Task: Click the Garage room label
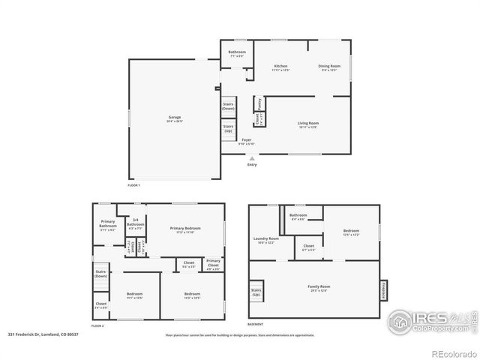coord(174,118)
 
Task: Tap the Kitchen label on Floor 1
coord(280,67)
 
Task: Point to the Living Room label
coord(308,124)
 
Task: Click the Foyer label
coord(247,141)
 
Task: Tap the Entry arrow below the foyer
coord(251,158)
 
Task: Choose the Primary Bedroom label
coord(185,229)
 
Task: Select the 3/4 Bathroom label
coord(136,223)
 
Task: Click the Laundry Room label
coord(267,240)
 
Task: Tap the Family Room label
coord(319,287)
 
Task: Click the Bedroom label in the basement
coord(351,232)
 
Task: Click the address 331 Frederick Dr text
coord(43,334)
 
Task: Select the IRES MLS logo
coord(428,322)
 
